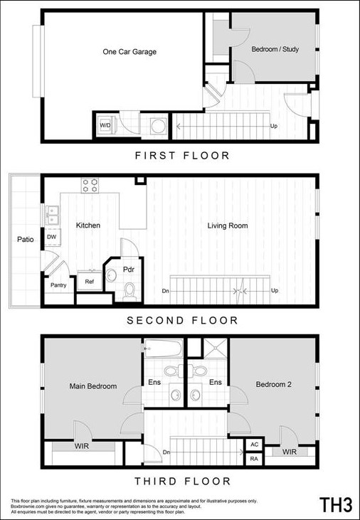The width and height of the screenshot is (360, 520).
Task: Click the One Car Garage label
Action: (129, 52)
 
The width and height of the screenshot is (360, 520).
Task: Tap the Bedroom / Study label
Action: (275, 50)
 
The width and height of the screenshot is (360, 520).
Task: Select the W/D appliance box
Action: (105, 126)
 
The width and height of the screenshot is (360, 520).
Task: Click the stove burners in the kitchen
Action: (90, 186)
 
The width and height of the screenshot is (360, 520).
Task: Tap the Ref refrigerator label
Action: (90, 282)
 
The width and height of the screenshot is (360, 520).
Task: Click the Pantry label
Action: (58, 285)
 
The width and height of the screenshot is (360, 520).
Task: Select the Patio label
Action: (26, 240)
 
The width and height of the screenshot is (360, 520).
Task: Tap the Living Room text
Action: (227, 226)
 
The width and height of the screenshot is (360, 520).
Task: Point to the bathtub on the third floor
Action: (163, 349)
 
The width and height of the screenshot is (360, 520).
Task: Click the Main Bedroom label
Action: (92, 387)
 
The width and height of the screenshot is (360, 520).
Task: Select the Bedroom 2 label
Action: (274, 384)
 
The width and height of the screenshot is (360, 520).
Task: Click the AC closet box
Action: (254, 445)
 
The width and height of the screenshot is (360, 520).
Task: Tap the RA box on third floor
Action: (254, 459)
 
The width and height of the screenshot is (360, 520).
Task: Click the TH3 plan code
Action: (336, 505)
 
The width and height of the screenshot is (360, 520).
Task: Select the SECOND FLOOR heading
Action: (182, 321)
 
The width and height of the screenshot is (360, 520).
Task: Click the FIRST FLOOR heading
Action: (182, 155)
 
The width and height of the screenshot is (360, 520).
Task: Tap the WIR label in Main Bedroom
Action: (82, 448)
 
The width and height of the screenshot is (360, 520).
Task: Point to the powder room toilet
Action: (129, 290)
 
